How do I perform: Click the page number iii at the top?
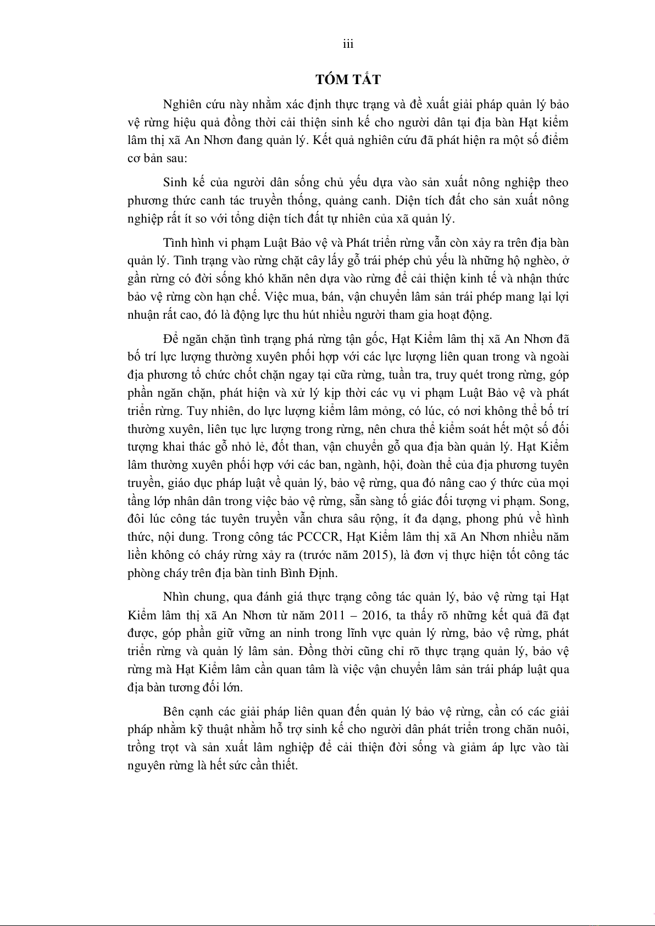[x=348, y=45]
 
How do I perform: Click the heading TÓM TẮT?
[x=348, y=80]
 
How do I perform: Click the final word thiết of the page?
[x=284, y=766]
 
